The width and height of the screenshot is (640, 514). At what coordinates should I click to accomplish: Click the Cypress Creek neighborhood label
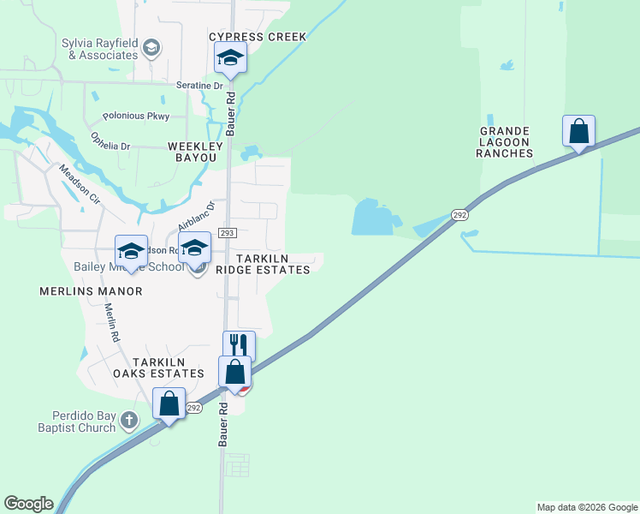coord(258,37)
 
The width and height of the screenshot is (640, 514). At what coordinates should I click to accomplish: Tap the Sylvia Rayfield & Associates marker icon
coord(151,47)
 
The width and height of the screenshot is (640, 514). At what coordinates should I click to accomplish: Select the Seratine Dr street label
coord(199,86)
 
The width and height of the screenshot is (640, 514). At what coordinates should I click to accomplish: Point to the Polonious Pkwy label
coord(136,116)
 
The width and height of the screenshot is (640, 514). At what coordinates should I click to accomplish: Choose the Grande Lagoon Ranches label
coord(506,142)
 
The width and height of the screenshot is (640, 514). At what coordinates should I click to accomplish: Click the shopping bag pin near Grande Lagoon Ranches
coord(579,132)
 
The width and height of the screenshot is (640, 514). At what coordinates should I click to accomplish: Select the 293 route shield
coord(227,233)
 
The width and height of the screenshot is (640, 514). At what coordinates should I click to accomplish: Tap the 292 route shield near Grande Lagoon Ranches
coord(460,216)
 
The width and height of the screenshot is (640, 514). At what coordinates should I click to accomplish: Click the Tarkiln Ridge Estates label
coord(262,264)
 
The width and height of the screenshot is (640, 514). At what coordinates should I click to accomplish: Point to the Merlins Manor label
coord(91,291)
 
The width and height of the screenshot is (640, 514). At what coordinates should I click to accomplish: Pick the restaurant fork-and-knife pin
coord(239,345)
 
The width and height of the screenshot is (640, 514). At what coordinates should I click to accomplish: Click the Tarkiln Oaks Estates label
coord(158,368)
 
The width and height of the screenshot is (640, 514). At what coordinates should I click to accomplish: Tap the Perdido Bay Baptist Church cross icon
coord(128,420)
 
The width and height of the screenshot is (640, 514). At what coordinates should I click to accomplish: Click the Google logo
coord(28,504)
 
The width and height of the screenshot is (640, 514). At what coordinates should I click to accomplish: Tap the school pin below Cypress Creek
coord(229,59)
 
